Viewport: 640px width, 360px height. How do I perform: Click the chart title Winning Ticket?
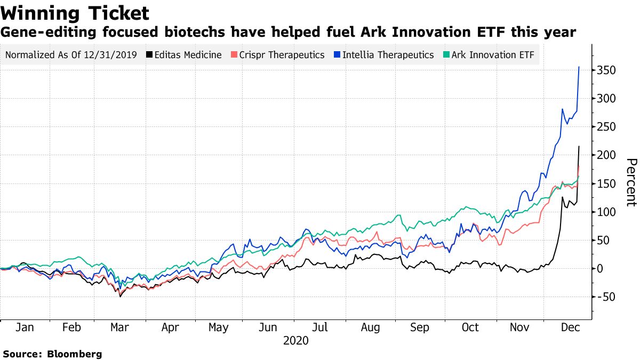75,12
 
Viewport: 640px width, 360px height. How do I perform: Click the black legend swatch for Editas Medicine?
150,55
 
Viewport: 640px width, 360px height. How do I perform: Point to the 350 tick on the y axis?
607,70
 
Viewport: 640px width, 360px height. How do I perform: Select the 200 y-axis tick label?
607,155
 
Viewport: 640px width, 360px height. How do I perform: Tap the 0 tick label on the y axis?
601,269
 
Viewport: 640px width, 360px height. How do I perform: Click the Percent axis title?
631,182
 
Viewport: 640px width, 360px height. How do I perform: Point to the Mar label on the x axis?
119,327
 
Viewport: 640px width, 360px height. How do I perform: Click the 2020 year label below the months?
296,340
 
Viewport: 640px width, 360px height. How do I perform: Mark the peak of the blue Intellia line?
579,67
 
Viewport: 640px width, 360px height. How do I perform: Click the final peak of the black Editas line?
579,147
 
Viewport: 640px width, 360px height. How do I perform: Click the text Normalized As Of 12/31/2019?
70,55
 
